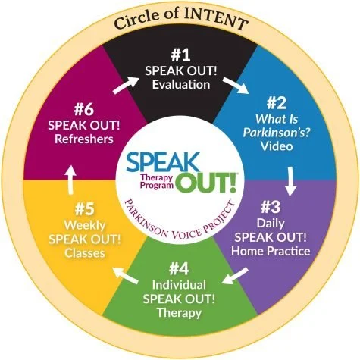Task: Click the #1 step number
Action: click(180, 55)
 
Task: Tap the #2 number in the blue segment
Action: click(277, 103)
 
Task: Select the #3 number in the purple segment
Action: click(271, 207)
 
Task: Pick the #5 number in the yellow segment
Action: click(84, 209)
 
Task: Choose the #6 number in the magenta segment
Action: click(84, 110)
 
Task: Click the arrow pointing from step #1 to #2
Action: click(236, 86)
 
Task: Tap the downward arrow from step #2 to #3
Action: click(290, 181)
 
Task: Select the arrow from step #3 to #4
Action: click(235, 276)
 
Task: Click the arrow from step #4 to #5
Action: click(126, 275)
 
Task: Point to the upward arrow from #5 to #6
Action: click(70, 180)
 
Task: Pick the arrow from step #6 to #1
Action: click(126, 86)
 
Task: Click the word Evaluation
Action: click(181, 85)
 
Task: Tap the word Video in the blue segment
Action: click(277, 146)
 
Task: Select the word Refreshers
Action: click(84, 139)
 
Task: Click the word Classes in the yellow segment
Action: click(85, 253)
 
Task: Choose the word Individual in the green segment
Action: click(179, 285)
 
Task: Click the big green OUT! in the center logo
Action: click(207, 183)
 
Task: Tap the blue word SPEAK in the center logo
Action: click(163, 161)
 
